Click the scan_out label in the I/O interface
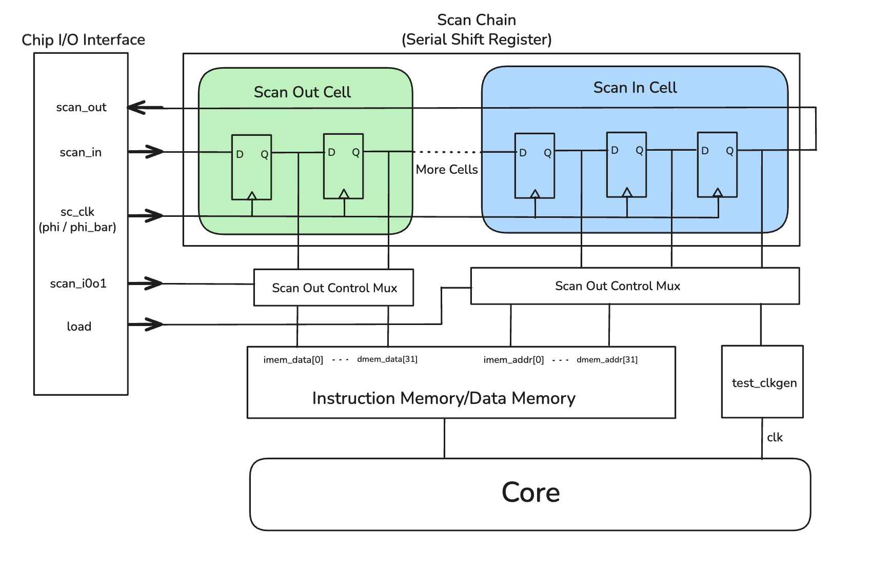[81, 107]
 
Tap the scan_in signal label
[81, 152]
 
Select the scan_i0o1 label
[78, 283]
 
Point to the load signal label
[79, 327]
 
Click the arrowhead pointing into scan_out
[135, 108]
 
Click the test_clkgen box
[762, 382]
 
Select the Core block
[530, 493]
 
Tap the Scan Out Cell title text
[302, 92]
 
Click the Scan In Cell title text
[635, 88]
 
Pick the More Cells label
[447, 170]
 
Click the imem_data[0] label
[293, 360]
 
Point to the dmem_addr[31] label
[607, 360]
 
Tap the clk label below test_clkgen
[775, 437]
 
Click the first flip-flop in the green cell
[251, 167]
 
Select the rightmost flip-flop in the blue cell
[717, 165]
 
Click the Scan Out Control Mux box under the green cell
[334, 288]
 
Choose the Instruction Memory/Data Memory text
[444, 398]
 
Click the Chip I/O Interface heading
[83, 40]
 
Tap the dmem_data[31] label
[387, 359]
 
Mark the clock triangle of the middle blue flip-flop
[627, 192]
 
